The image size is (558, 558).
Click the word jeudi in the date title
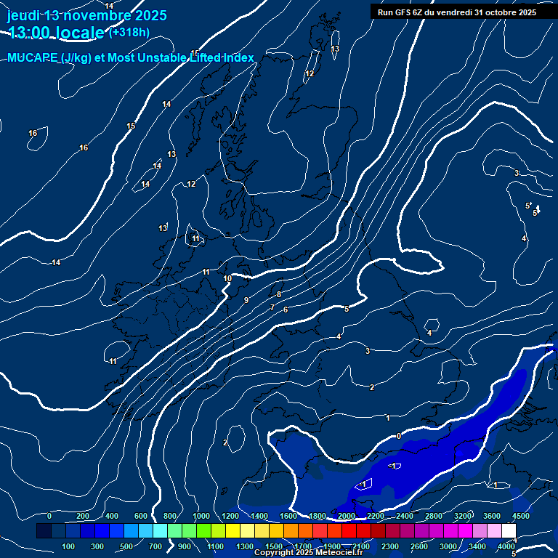pyautogui.click(x=25, y=15)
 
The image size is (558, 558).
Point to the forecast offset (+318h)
pyautogui.click(x=129, y=32)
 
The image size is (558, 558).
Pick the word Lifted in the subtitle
pyautogui.click(x=204, y=58)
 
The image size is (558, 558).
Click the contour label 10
pyautogui.click(x=227, y=278)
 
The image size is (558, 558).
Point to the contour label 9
pyautogui.click(x=246, y=300)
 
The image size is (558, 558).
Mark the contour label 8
pyautogui.click(x=279, y=294)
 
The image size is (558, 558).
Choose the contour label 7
pyautogui.click(x=272, y=307)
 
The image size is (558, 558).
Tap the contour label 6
pyautogui.click(x=286, y=310)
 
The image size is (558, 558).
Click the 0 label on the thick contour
pyautogui.click(x=398, y=436)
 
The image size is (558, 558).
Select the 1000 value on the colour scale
pyautogui.click(x=201, y=516)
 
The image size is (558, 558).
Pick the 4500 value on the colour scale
pyautogui.click(x=520, y=516)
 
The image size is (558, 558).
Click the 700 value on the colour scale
pyautogui.click(x=155, y=546)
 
